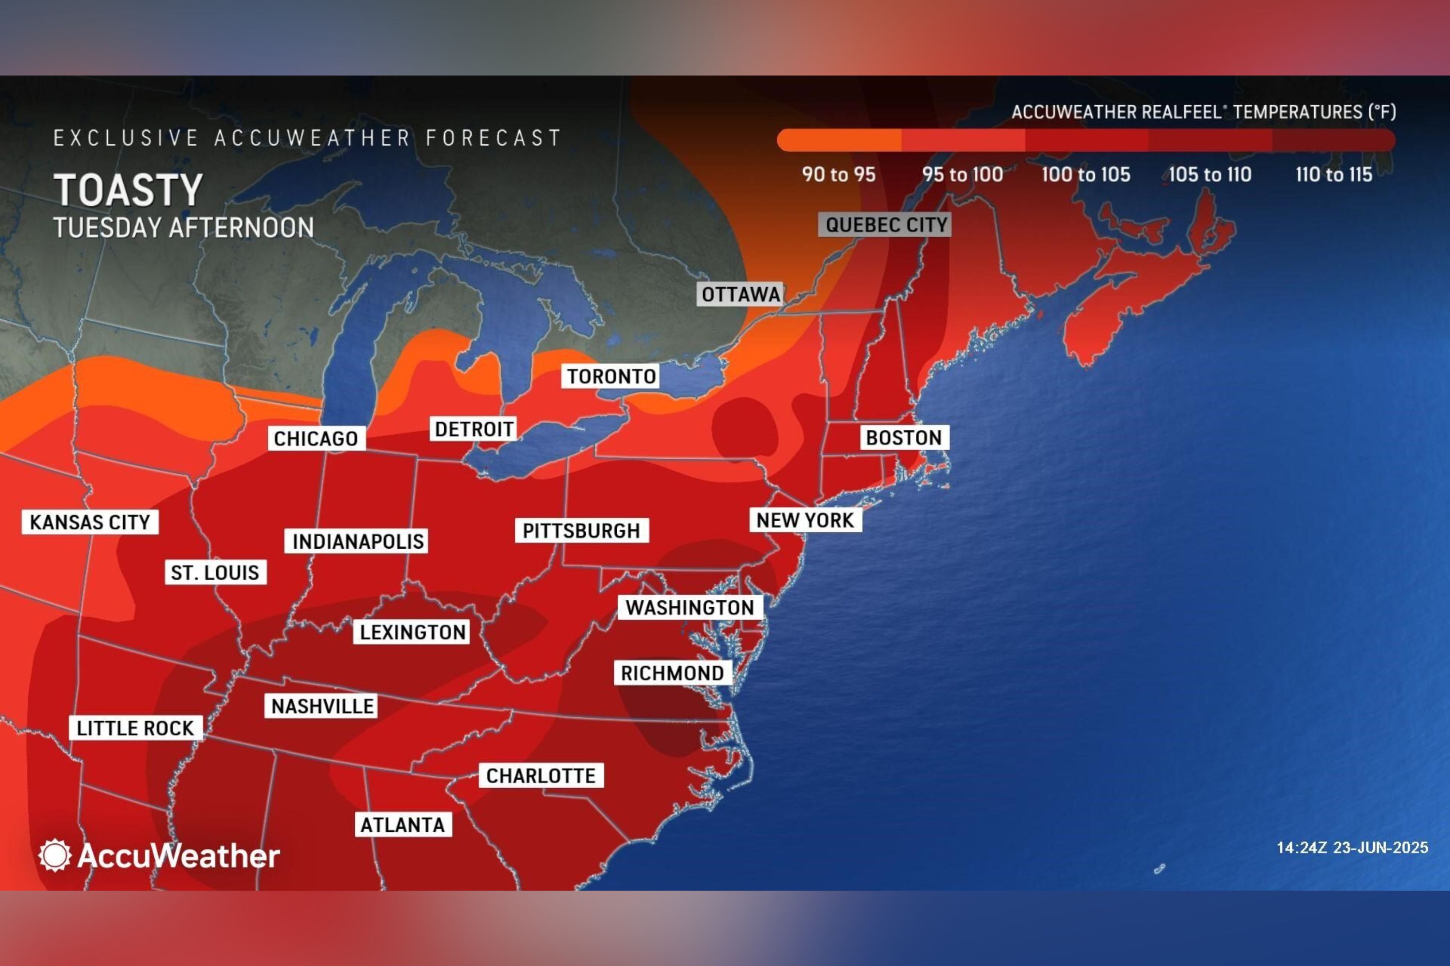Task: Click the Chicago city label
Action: (x=316, y=439)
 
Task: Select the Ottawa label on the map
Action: (x=740, y=295)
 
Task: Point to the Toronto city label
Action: (x=610, y=376)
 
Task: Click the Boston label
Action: (x=904, y=438)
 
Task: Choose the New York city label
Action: (x=805, y=521)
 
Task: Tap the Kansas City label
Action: (x=90, y=523)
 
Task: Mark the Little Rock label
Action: (x=135, y=728)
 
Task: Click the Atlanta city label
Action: (x=403, y=825)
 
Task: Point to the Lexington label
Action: (x=412, y=632)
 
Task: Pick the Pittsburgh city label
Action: (x=581, y=530)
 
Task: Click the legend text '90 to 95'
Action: (x=839, y=175)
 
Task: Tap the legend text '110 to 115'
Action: (x=1334, y=175)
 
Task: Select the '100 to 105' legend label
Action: (x=1086, y=175)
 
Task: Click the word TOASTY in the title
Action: (x=128, y=190)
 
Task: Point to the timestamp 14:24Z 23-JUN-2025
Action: (x=1352, y=848)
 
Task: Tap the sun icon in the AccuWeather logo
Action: (x=55, y=855)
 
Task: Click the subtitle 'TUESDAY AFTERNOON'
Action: (x=184, y=228)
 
